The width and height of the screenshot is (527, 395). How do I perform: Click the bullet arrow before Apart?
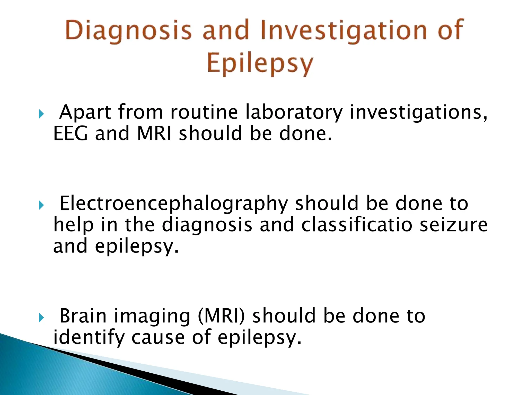point(41,113)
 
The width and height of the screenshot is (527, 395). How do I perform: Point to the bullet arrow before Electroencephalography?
point(41,205)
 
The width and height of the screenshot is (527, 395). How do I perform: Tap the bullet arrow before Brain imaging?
point(41,318)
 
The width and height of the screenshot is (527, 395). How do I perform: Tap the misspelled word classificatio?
point(357,225)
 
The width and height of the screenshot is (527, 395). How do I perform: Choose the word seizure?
point(453,225)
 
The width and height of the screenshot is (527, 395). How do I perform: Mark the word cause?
point(158,337)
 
